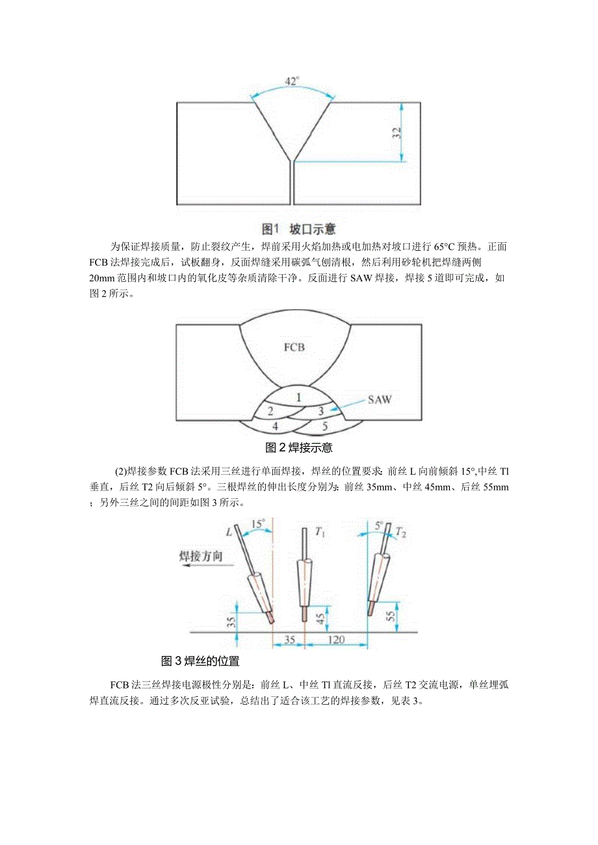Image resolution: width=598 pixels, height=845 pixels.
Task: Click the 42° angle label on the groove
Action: coord(292,81)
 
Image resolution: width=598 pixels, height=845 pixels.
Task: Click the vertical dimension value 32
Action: coord(397,133)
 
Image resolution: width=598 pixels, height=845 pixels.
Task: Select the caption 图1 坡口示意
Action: coord(298,229)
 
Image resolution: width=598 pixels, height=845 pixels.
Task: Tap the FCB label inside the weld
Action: coord(294,347)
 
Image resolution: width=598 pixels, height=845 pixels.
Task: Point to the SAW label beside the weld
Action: coord(379,399)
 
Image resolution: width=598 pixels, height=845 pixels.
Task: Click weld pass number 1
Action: coord(298,396)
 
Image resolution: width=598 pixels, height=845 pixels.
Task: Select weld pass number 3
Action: coord(320,410)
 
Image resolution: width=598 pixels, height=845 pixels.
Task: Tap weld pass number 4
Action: coord(275,426)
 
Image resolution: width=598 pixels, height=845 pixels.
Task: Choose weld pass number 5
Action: coord(324,426)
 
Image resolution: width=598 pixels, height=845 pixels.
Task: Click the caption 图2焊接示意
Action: coord(299,448)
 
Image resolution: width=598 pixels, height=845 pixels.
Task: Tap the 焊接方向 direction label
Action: coord(201,556)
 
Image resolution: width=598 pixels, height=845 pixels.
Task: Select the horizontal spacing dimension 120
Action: coord(335,639)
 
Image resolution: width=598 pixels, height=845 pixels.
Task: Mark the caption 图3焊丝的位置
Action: coord(200,662)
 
